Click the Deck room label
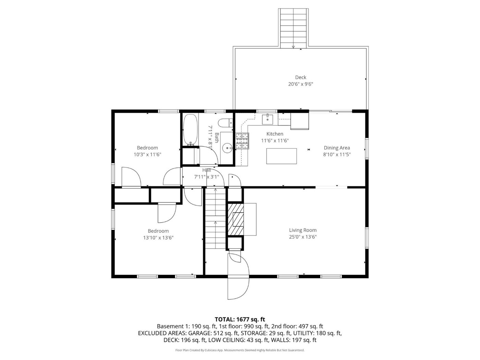(300, 77)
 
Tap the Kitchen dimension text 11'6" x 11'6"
(275, 141)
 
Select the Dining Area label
(337, 148)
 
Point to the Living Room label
(303, 230)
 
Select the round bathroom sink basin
(228, 148)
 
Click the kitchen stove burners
(242, 141)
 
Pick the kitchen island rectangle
(281, 156)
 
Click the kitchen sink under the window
(267, 119)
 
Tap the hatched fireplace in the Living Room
(236, 219)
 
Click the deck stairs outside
(293, 28)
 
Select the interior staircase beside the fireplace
(215, 218)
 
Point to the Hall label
(207, 170)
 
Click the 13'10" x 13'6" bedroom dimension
(158, 238)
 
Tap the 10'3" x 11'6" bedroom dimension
(147, 155)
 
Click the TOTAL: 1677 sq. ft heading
(240, 320)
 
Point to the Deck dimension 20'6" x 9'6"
(300, 84)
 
